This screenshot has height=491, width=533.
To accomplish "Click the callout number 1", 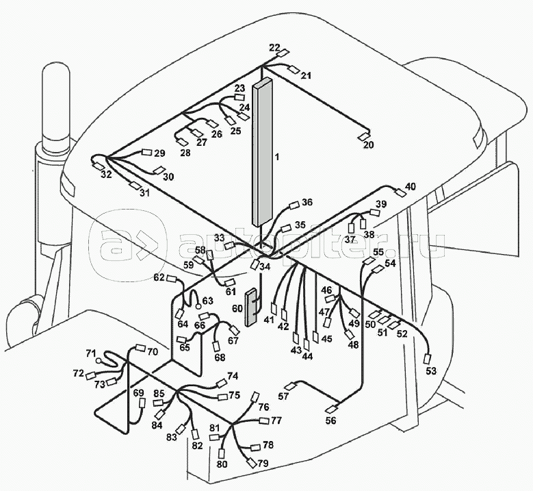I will click(277, 157).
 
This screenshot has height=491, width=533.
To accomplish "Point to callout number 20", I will click(368, 145).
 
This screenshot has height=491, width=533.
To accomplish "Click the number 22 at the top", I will click(274, 47).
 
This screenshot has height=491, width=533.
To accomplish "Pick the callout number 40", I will click(410, 186).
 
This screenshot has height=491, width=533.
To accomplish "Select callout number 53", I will click(430, 372).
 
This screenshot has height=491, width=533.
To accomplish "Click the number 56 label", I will click(330, 421).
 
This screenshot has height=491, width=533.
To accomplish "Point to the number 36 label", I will click(307, 202).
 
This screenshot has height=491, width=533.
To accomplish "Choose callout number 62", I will click(159, 277).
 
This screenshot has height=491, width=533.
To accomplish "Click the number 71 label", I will click(91, 353).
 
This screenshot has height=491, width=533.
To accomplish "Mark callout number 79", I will click(263, 464).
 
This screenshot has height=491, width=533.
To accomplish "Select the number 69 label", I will click(139, 393).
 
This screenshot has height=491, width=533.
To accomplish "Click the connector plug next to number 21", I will click(293, 69).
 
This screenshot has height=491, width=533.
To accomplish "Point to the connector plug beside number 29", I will click(146, 153).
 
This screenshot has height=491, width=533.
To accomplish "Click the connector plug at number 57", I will click(291, 386).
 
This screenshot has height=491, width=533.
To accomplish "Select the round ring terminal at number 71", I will click(99, 359).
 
